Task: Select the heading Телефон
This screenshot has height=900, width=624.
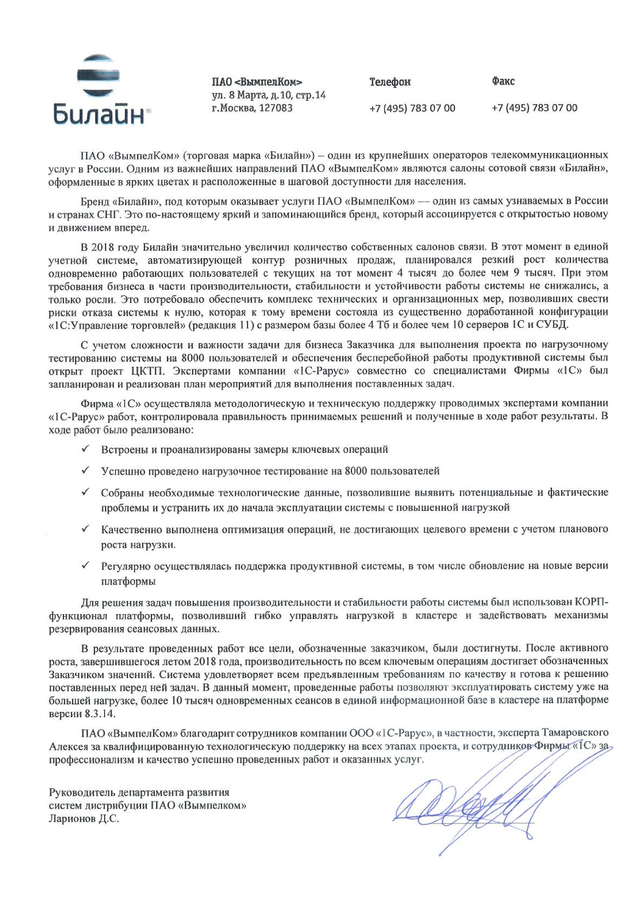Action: (390, 82)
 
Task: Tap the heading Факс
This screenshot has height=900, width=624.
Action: (503, 81)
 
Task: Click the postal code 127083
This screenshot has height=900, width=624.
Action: (276, 108)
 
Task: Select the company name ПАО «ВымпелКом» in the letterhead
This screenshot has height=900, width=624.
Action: (257, 82)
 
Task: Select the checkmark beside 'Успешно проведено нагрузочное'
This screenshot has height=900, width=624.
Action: (85, 470)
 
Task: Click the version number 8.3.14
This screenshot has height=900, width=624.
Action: (100, 713)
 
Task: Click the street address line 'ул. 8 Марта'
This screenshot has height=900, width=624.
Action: (269, 95)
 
